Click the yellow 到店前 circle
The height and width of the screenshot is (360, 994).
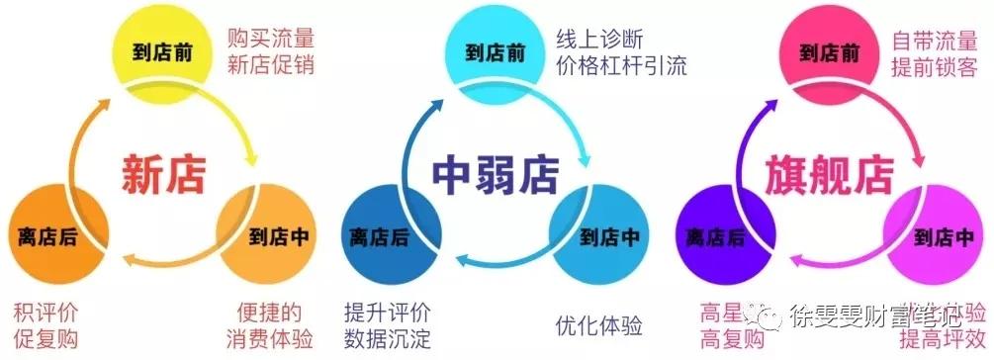click(163, 50)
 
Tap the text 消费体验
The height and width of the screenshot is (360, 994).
click(270, 339)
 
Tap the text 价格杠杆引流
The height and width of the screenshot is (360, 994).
click(621, 67)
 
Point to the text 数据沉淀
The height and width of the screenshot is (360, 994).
click(387, 339)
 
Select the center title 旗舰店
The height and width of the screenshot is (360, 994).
click(830, 174)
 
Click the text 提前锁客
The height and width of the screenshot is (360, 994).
click(935, 67)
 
